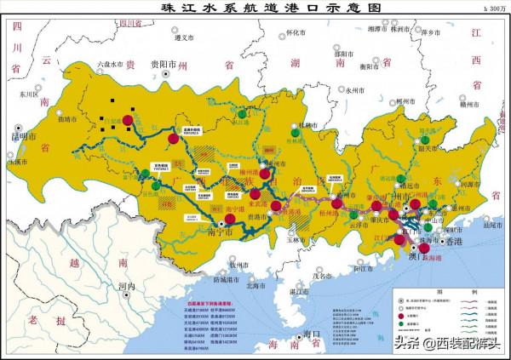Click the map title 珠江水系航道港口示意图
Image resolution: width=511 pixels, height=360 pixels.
pos(255,7)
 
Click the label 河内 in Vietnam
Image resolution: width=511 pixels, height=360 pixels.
pos(127,288)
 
